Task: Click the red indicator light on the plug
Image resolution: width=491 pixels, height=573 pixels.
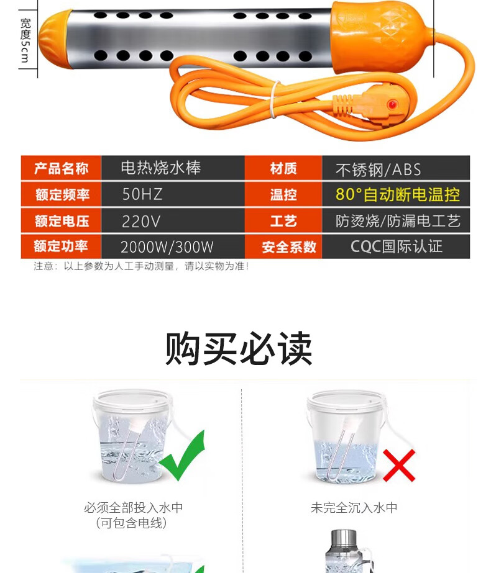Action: [392, 105]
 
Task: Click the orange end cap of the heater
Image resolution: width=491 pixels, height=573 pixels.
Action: [54, 40]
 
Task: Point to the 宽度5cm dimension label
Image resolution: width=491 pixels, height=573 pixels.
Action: [25, 40]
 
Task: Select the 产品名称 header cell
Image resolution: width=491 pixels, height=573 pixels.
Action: [61, 168]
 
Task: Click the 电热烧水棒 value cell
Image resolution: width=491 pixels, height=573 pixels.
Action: [173, 168]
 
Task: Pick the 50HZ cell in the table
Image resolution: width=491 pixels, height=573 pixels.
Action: [173, 194]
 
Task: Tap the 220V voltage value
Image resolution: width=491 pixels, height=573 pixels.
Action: [173, 221]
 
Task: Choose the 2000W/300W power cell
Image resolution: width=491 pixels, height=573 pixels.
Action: [173, 246]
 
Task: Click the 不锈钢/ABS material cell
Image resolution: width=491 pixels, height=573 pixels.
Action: [396, 168]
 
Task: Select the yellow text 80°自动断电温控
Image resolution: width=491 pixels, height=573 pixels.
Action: [398, 194]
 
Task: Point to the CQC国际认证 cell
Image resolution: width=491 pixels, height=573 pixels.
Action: [396, 246]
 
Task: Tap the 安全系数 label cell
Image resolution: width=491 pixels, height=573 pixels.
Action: [283, 246]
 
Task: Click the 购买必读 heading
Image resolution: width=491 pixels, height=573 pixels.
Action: [239, 348]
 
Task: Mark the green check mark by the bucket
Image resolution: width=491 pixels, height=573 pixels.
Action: [182, 456]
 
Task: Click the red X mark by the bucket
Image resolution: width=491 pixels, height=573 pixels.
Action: [399, 465]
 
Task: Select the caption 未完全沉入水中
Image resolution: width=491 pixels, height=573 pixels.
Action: [354, 508]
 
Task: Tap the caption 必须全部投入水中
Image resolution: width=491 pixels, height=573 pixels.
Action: [133, 508]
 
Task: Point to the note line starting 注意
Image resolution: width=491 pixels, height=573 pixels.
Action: [141, 266]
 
